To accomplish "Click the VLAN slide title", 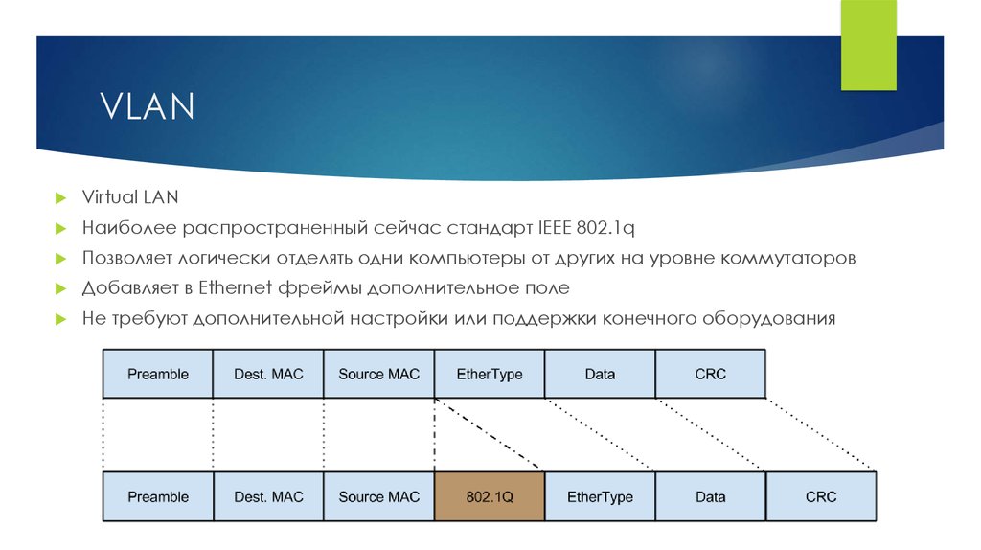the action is click(147, 105).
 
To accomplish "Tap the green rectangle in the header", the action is click(868, 45).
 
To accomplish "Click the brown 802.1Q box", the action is click(490, 496).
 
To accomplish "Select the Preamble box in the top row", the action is click(158, 375).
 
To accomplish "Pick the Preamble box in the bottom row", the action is click(158, 496).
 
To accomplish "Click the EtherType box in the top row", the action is click(490, 375).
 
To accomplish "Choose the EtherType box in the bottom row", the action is click(600, 496).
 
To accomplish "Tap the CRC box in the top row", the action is click(710, 375).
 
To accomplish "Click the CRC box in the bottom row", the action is click(821, 496).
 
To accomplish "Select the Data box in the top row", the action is click(600, 375).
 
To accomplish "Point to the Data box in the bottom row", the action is click(710, 496).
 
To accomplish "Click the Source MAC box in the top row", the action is click(378, 375).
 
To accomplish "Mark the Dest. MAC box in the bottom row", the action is click(268, 496).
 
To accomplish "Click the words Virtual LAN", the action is click(130, 197).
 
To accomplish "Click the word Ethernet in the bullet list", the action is click(236, 287).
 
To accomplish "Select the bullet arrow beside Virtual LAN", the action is click(60, 198).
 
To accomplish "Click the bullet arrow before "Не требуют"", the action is click(60, 319).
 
